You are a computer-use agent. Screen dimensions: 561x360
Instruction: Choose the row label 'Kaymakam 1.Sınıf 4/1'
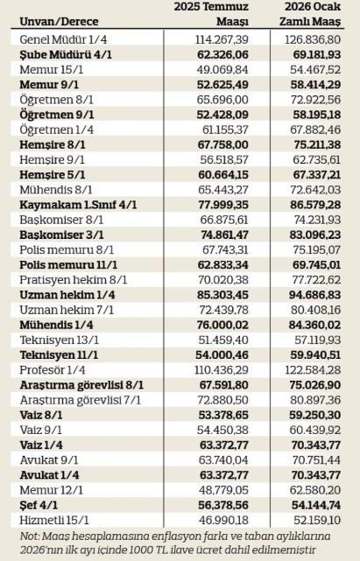pyautogui.click(x=78, y=204)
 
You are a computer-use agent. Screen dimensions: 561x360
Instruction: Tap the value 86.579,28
pyautogui.click(x=314, y=204)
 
